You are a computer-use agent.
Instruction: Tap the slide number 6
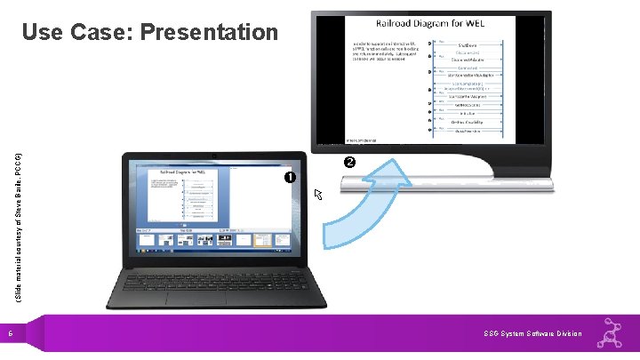coord(11,334)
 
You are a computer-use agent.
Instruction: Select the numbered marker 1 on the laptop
coord(291,178)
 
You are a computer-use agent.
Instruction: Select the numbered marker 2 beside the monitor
coord(349,163)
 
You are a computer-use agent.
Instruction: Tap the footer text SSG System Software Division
coord(532,333)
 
